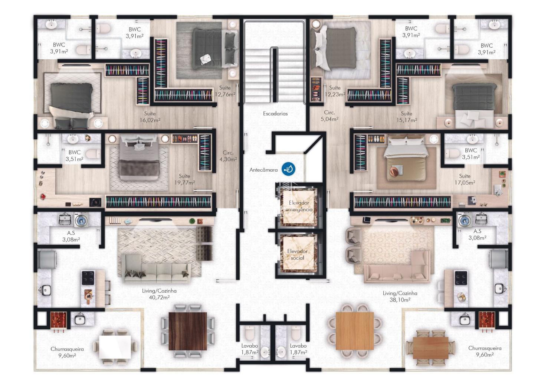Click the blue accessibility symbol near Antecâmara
coord(289,169)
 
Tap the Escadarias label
coord(275,114)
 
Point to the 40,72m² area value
coord(159,298)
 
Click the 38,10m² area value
coord(400,300)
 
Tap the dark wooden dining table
coord(188,331)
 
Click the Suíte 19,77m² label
coord(185,179)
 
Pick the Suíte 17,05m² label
coord(465,179)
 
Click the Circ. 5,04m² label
coord(329,116)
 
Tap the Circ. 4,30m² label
coord(228,156)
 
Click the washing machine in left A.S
coord(81,220)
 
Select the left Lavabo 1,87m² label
coord(250,349)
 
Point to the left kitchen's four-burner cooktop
coord(88,278)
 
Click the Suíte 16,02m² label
coord(150,117)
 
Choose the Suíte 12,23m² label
coord(335,91)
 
